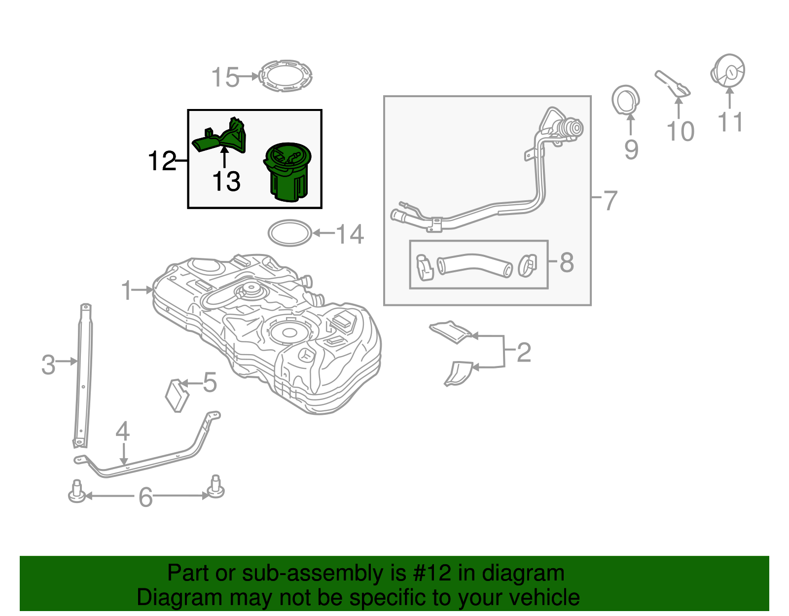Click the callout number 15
click(x=225, y=78)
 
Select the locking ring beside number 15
click(x=286, y=76)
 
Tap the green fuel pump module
click(x=288, y=173)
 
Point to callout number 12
click(x=162, y=161)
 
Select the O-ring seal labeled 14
click(x=290, y=233)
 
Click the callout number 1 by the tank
click(x=127, y=290)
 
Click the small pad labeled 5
click(x=177, y=394)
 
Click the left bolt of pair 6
click(x=76, y=492)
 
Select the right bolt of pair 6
click(x=216, y=487)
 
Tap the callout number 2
click(x=524, y=352)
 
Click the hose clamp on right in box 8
click(x=527, y=265)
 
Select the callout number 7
click(x=610, y=200)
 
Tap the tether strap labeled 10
click(x=673, y=83)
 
